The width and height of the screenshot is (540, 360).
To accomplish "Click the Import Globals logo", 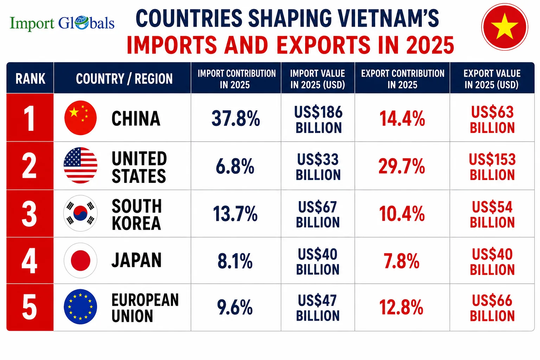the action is tap(62, 24).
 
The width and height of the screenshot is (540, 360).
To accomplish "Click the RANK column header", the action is tap(30, 79).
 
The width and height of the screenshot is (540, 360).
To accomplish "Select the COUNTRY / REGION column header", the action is tap(124, 79).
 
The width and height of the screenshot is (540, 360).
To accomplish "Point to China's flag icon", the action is tap(81, 118).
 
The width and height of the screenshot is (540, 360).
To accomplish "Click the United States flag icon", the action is tap(81, 165).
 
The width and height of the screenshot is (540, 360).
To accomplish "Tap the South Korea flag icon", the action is tap(81, 213).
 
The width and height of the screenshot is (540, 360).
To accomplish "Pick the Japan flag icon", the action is tap(81, 261).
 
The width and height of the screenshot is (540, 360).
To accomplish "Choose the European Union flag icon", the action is tap(81, 307).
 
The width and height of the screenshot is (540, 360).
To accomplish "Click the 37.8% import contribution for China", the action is tap(236, 118).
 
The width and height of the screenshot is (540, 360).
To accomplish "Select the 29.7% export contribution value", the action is tap(401, 166).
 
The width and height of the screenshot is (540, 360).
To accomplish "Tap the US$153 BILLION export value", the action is tap(492, 167).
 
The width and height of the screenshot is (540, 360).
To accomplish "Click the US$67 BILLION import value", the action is tap(318, 214).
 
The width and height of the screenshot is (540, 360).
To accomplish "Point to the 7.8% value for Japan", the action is tap(401, 261).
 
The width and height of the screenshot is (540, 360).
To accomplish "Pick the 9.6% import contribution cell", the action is tap(235, 307).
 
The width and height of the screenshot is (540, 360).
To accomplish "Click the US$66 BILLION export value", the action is tap(492, 308).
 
